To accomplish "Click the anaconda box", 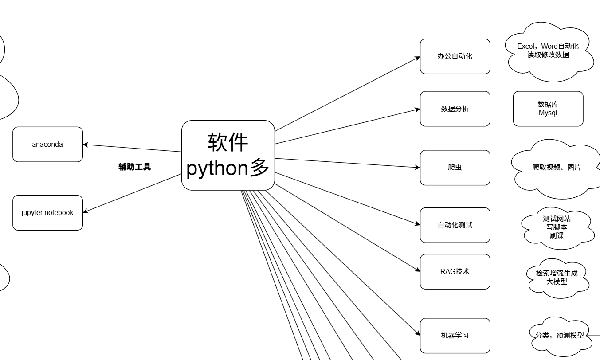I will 47,145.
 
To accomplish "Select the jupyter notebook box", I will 47,213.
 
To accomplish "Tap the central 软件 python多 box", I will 228,155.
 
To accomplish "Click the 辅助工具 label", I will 135,167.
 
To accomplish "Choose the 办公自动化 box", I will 455,56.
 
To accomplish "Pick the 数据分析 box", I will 455,109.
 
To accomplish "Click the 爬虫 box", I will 455,168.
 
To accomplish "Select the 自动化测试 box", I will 455,225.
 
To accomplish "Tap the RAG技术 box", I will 455,272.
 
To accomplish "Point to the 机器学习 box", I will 455,336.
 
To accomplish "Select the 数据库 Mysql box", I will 548,109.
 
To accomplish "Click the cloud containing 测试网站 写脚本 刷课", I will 557,227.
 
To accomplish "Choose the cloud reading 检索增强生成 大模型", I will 557,278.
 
